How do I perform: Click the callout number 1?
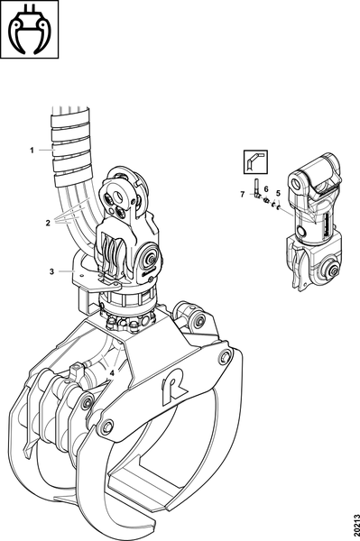32,151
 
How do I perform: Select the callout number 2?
48,223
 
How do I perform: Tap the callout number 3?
51,271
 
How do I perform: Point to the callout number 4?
112,373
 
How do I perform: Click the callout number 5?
278,193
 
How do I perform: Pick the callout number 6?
266,188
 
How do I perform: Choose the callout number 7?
243,195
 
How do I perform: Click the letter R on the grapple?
175,388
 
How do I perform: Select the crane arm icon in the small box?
255,161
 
